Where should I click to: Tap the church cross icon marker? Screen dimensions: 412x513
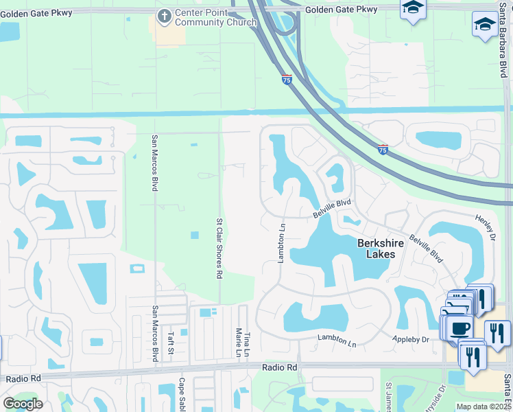[x=164, y=16]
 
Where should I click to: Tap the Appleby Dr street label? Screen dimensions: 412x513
[x=411, y=339]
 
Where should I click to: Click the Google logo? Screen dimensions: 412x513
[x=23, y=404]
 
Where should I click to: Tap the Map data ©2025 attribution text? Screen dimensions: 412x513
[x=484, y=407]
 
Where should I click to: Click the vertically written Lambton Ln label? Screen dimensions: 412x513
[x=280, y=242]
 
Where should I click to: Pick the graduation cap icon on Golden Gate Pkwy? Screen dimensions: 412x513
[x=413, y=9]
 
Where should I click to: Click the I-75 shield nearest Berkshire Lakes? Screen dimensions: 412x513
[x=383, y=149]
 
